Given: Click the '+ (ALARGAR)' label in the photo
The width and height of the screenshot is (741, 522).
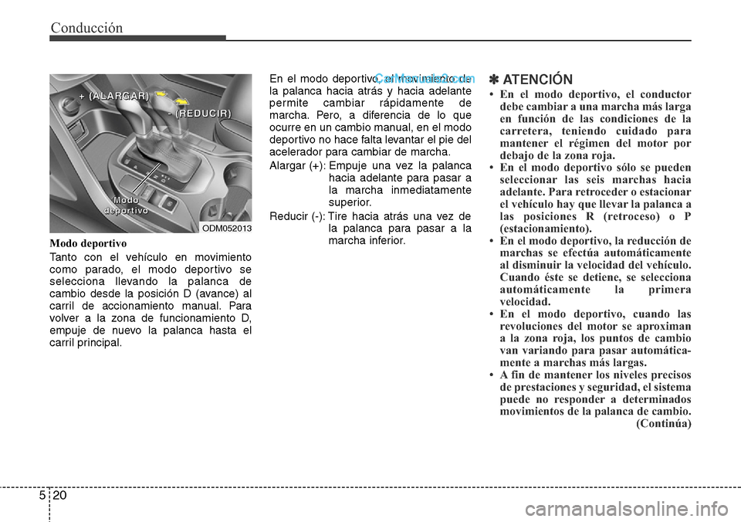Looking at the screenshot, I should (113, 96).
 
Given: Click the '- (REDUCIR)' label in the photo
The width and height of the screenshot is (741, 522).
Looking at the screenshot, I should (199, 113).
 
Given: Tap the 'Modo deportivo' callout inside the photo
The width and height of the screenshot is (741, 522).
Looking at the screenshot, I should (126, 205).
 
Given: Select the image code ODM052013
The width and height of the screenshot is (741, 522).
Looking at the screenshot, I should (226, 229).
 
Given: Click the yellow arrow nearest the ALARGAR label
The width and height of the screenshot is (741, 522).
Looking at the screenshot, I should (161, 93).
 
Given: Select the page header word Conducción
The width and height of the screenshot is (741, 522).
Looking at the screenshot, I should (86, 28).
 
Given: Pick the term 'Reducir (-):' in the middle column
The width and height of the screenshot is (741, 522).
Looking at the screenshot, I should (296, 215).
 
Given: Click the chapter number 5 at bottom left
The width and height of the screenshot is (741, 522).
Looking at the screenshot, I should (39, 501).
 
